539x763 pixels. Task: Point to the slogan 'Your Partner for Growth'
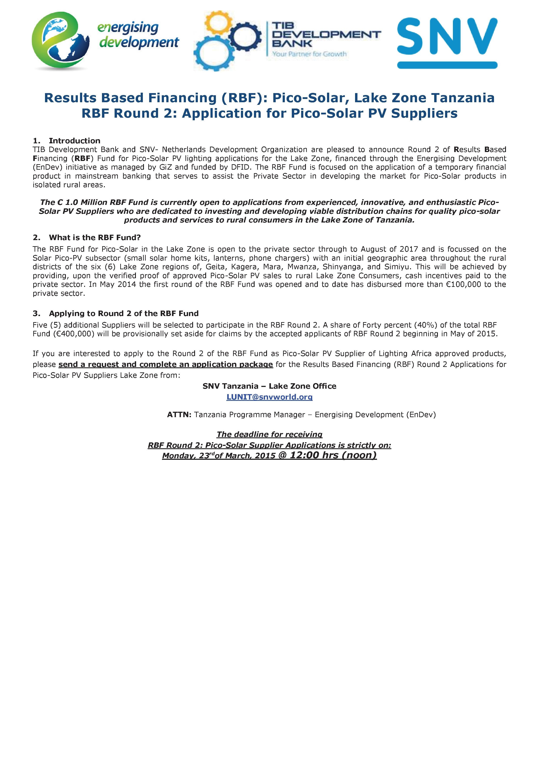point(309,54)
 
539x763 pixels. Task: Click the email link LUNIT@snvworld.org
point(269,397)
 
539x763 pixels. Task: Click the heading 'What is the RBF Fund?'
point(95,237)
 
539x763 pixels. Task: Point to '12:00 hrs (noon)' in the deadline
point(333,455)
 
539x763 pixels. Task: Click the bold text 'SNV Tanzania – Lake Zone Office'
point(269,386)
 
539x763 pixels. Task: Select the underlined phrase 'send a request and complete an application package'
point(166,365)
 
